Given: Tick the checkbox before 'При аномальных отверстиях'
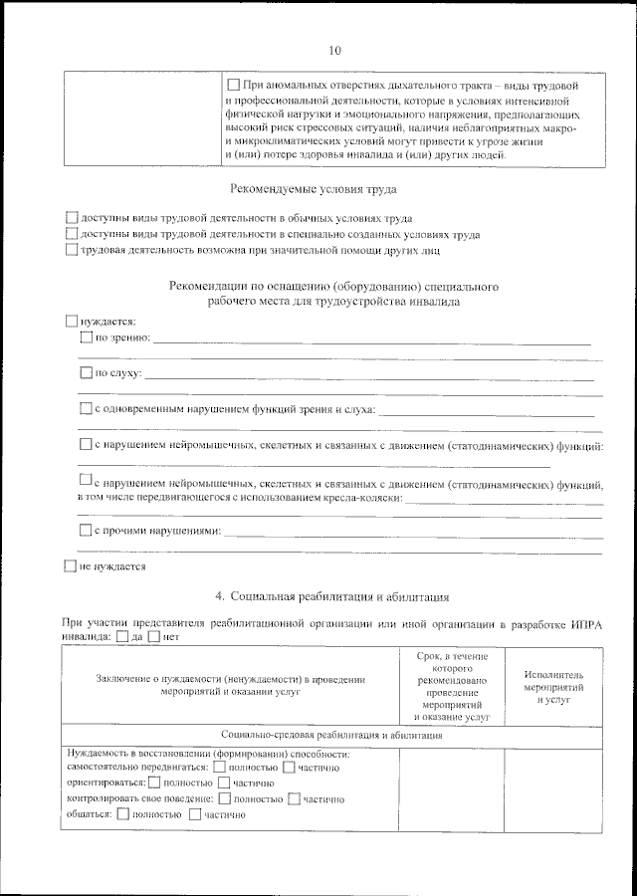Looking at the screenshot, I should point(234,87).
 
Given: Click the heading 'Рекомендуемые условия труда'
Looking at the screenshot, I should point(313,189).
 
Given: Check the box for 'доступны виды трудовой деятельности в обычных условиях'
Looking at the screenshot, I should point(71,217).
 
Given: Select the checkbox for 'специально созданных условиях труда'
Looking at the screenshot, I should point(71,233).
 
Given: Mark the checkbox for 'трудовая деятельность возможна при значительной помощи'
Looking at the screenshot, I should point(71,249).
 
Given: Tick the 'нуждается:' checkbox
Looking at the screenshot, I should point(70,322).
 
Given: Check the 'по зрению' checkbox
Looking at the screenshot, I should point(86,338).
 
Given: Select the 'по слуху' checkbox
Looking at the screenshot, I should point(86,373).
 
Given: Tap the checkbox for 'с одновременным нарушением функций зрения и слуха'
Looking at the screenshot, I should point(86,408).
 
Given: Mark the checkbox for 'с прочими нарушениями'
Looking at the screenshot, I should point(86,531).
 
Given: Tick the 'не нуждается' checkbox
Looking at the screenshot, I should point(70,566).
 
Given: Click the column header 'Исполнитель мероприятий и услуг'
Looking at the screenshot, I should point(553,687).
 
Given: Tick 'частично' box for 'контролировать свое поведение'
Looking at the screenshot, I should point(294,798).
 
